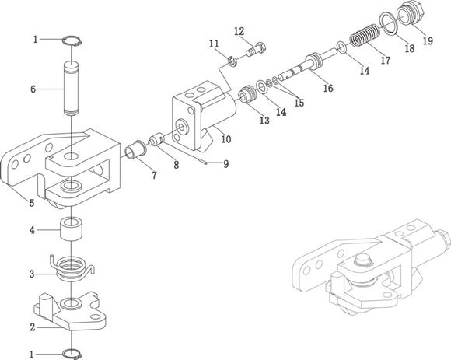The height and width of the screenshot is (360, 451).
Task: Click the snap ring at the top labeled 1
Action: click(x=72, y=40)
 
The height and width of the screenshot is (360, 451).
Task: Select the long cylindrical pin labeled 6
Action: click(x=71, y=88)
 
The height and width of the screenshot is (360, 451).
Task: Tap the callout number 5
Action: click(x=32, y=203)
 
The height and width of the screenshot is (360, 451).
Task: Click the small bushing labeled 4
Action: click(x=71, y=229)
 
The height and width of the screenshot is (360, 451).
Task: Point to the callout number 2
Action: click(x=33, y=327)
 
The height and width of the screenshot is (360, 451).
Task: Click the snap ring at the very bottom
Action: click(x=72, y=354)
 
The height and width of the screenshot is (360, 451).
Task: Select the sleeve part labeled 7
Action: click(x=136, y=149)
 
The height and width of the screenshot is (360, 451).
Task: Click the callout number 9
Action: click(x=226, y=164)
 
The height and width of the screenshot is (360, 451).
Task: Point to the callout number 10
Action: click(x=226, y=139)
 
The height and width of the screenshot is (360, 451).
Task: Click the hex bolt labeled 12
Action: click(x=256, y=50)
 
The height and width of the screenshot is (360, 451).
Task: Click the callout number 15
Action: click(x=299, y=103)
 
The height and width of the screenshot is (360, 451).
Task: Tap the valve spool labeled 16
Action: click(x=309, y=66)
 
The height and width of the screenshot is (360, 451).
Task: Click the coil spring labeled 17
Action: click(x=365, y=35)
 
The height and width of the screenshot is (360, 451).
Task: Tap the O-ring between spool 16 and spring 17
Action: click(x=341, y=47)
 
